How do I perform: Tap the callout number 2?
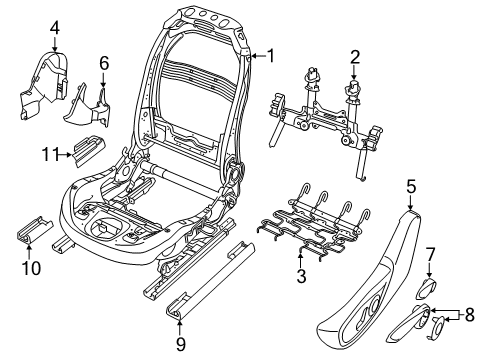[354, 57]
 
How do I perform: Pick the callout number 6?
[103, 63]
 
